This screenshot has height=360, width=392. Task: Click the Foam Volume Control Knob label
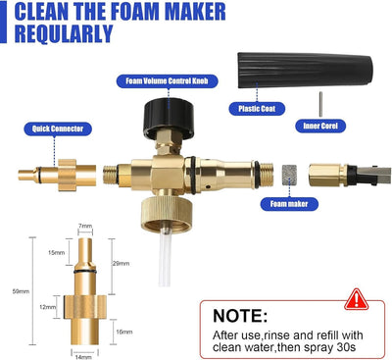click(x=167, y=81)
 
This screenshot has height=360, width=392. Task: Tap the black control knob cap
click(x=169, y=118)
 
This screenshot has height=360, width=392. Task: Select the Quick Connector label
click(x=58, y=129)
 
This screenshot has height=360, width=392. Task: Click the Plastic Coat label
click(x=257, y=109)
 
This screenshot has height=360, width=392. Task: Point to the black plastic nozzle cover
click(x=305, y=70)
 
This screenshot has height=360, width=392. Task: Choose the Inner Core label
click(x=320, y=126)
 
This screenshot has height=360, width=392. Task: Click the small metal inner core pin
click(x=320, y=104)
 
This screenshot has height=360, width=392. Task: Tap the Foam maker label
click(x=289, y=204)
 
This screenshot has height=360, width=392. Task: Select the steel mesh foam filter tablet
click(x=289, y=175)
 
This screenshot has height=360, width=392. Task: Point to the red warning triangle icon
click(x=356, y=299)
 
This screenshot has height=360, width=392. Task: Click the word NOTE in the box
click(x=240, y=316)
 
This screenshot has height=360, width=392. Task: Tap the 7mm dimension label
click(x=85, y=226)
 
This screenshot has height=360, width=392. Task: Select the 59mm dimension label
click(x=21, y=291)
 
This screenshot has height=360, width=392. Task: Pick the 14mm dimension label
click(x=83, y=357)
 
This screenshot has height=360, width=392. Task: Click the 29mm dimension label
click(x=121, y=263)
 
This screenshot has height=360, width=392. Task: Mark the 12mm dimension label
click(x=48, y=307)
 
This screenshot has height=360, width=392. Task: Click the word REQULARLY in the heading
click(x=64, y=33)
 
